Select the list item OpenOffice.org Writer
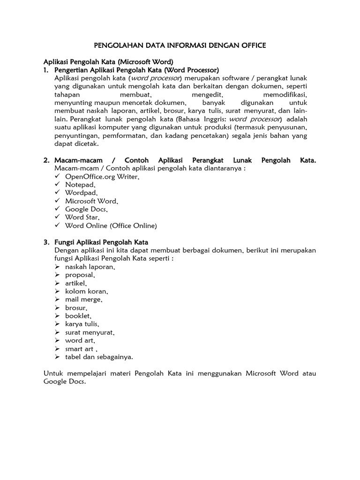click(102, 177)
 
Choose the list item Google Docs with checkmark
click(86, 209)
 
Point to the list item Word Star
click(82, 217)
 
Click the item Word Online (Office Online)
click(111, 225)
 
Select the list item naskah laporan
click(90, 267)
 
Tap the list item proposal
click(81, 275)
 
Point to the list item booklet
click(78, 316)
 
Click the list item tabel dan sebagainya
click(99, 357)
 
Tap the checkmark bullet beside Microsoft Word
click(57, 201)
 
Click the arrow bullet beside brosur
click(57, 307)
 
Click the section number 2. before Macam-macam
click(47, 160)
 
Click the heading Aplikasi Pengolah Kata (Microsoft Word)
click(108, 61)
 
